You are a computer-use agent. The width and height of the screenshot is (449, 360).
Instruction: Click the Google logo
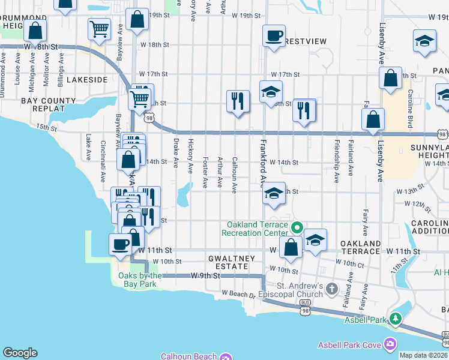tap(20, 353)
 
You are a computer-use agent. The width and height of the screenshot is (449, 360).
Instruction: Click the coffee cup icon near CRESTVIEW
tap(274, 35)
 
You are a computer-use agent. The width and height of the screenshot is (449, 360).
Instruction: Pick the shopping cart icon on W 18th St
tap(99, 28)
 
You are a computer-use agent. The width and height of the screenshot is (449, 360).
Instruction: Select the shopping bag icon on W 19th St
tap(137, 19)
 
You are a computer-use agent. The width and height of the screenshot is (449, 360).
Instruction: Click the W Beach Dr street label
tap(240, 294)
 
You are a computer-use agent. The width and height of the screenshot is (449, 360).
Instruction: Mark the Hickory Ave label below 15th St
tap(191, 153)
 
